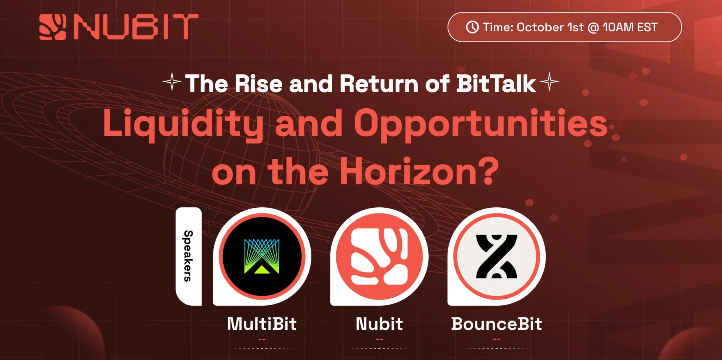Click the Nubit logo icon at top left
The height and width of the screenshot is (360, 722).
pyautogui.click(x=53, y=27)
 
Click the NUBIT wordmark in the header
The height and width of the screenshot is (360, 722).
pyautogui.click(x=136, y=27)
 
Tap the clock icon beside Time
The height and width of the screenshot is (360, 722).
pyautogui.click(x=472, y=27)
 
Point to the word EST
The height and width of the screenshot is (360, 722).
pyautogui.click(x=647, y=27)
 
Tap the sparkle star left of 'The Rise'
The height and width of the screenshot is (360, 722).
pyautogui.click(x=172, y=81)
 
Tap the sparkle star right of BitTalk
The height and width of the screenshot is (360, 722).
pyautogui.click(x=549, y=81)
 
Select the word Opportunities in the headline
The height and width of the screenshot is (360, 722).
pyautogui.click(x=481, y=124)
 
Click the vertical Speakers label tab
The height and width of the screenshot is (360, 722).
pyautogui.click(x=188, y=256)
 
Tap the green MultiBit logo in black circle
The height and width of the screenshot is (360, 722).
pyautogui.click(x=262, y=256)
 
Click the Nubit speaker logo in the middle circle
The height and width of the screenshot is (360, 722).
pyautogui.click(x=379, y=256)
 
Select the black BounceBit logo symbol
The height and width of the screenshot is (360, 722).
pyautogui.click(x=496, y=256)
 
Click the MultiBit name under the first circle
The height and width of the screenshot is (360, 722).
pyautogui.click(x=262, y=324)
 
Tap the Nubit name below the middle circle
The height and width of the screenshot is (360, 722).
pyautogui.click(x=379, y=324)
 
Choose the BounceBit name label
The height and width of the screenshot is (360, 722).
pyautogui.click(x=496, y=324)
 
